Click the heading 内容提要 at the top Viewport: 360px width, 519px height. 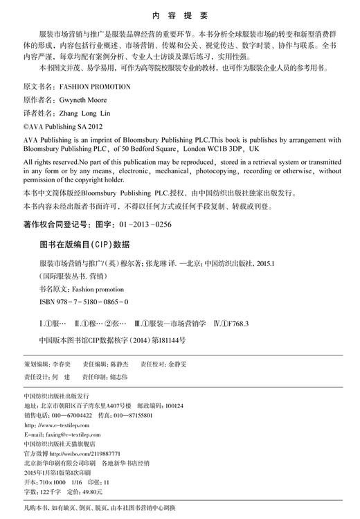[x=180, y=15]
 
